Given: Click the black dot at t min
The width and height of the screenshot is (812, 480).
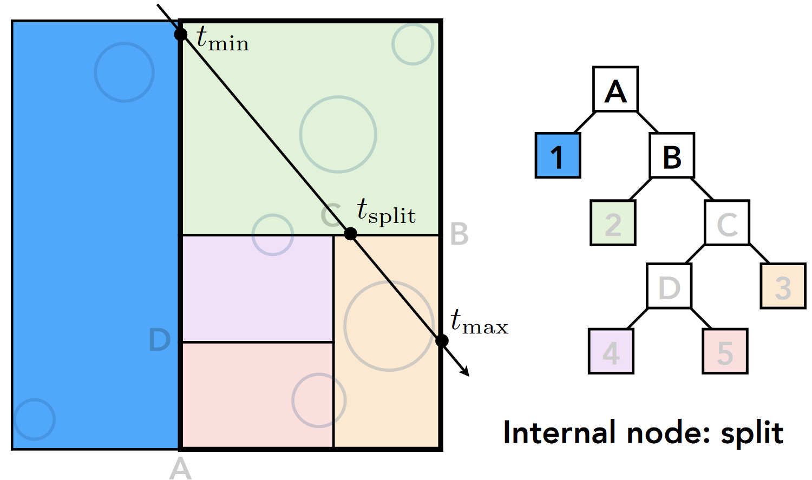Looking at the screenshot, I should click(x=181, y=35).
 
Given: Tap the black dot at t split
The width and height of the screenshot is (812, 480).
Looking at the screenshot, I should click(x=351, y=234).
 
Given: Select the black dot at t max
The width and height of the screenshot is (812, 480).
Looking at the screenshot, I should click(x=442, y=341).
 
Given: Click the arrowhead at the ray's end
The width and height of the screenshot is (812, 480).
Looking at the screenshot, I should click(x=465, y=371).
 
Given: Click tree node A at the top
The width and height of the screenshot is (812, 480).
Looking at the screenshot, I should click(x=615, y=89).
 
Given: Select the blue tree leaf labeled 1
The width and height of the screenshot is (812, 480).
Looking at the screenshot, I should click(x=558, y=156).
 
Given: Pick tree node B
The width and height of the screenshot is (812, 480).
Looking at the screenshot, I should click(x=672, y=156).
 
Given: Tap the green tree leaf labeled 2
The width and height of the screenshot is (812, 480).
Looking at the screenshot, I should click(x=613, y=223).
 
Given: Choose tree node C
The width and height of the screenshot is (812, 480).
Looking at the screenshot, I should click(x=727, y=223).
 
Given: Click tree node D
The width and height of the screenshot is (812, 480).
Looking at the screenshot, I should click(x=669, y=286).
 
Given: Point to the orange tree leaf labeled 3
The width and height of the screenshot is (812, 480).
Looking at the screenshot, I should click(x=783, y=286).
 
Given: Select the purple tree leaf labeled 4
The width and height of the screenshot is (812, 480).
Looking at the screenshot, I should click(x=611, y=351).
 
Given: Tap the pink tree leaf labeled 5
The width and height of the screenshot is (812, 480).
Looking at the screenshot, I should click(x=725, y=351).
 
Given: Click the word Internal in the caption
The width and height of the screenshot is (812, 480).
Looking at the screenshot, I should click(x=560, y=432).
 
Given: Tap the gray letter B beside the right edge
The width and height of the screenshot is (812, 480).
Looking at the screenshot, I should click(x=459, y=234).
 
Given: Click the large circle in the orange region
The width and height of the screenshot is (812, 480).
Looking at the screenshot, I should click(x=389, y=326).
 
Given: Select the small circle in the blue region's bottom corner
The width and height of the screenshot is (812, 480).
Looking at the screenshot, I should click(x=35, y=419).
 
